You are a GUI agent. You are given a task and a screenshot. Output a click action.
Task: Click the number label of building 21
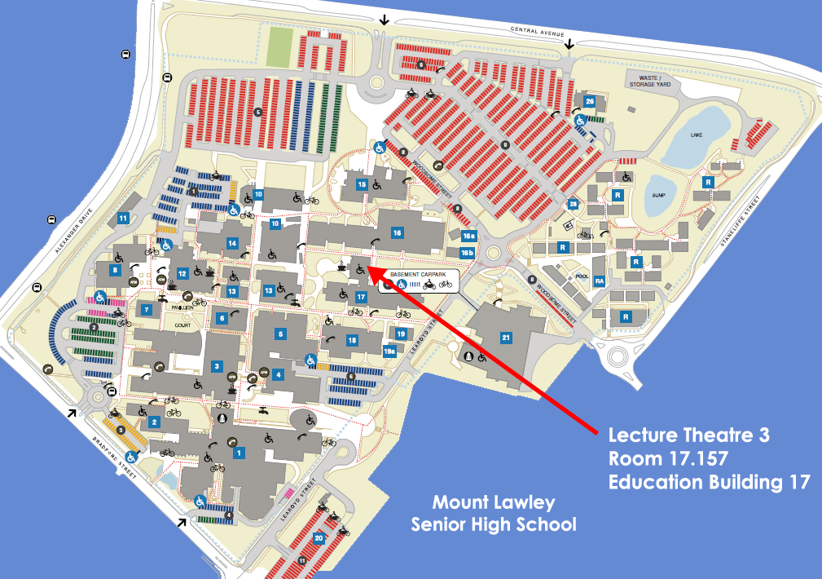(505, 338)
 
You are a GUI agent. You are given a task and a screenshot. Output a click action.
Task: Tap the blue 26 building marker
(590, 101)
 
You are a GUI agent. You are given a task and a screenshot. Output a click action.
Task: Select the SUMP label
(661, 196)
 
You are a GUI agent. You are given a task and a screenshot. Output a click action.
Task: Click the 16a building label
(468, 236)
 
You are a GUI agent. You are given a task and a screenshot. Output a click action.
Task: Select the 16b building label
(468, 253)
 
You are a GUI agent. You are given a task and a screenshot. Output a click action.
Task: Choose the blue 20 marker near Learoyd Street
(319, 538)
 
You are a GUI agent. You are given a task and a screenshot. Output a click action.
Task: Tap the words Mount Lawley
(482, 502)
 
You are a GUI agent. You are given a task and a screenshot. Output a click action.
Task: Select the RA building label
(600, 281)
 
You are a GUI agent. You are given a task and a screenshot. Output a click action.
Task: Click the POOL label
(580, 276)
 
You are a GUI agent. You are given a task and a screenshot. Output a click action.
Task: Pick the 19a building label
(389, 351)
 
